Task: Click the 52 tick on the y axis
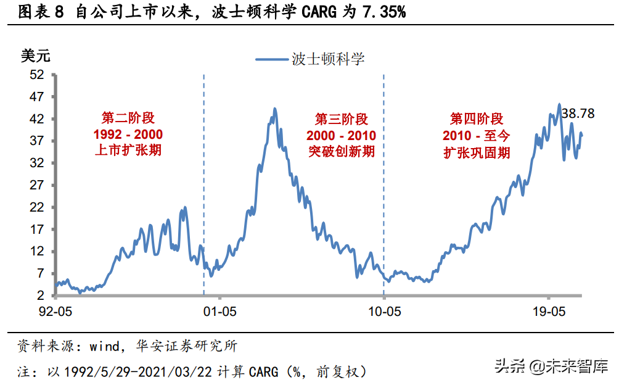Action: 38,75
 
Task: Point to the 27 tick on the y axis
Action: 38,185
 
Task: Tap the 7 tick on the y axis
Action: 41,273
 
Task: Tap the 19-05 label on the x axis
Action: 547,310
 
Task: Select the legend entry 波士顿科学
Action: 328,59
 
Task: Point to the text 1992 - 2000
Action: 128,135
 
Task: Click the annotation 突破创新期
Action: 342,151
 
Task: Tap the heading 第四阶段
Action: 477,118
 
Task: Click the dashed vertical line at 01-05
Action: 203,185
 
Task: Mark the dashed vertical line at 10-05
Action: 383,185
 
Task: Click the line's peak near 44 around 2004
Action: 274,110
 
